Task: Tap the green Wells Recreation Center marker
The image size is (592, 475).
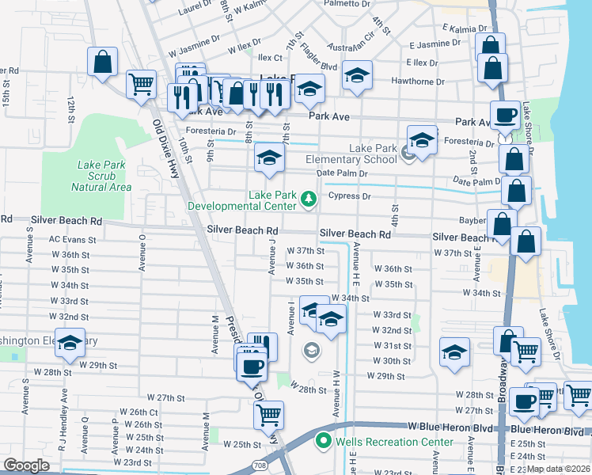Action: tap(323, 441)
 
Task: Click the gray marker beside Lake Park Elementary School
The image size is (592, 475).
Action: tap(408, 151)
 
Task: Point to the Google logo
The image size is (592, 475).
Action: tap(26, 465)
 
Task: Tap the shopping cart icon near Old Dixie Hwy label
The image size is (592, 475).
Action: tap(141, 83)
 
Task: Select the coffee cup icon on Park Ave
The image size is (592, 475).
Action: tap(505, 114)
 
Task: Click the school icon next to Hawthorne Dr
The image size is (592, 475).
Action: tap(358, 76)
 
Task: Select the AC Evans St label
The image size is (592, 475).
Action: tap(72, 239)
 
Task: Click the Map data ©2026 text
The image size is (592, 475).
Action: tap(559, 469)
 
